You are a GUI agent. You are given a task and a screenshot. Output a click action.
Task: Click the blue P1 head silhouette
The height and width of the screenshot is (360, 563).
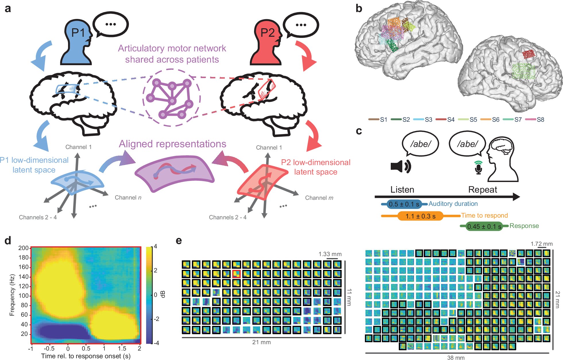tap(76, 43)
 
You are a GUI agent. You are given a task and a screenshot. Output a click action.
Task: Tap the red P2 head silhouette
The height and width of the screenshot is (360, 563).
tap(266, 43)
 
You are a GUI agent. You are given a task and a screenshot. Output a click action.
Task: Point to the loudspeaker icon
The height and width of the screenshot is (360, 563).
tap(401, 166)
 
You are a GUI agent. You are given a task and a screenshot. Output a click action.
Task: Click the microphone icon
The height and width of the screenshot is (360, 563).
tap(478, 167)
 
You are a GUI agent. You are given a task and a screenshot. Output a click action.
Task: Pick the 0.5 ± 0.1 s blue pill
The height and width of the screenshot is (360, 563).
tap(404, 204)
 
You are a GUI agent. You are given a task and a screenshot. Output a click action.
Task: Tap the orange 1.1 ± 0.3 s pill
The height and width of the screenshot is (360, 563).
tap(420, 216)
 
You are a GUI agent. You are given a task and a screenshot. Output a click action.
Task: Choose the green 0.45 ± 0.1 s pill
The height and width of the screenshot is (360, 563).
tap(484, 226)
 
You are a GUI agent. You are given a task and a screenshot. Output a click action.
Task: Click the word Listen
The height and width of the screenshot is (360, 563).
tap(402, 189)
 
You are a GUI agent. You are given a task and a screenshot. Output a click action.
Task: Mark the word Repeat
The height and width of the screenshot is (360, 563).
tap(483, 189)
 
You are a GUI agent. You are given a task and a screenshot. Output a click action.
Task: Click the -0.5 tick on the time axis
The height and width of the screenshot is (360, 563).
tap(49, 349)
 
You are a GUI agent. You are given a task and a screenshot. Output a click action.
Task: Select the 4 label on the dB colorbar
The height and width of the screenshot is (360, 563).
tap(155, 246)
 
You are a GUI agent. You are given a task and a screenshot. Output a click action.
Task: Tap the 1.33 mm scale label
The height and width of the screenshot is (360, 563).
tap(330, 254)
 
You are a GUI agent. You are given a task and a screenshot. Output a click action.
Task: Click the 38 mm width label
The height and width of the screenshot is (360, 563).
tap(456, 357)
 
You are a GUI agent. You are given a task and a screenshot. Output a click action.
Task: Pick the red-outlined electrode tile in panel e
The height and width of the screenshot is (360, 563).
tap(236, 274)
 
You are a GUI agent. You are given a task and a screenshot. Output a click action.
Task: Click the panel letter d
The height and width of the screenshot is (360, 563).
tap(8, 240)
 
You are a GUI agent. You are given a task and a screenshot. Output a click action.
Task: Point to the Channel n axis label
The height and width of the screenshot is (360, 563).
tap(128, 198)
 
